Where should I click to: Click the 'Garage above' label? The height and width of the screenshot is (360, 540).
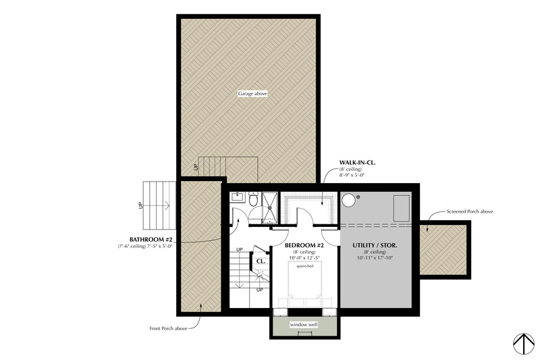tap(252, 93)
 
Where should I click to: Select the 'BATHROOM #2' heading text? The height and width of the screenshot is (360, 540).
tap(151, 240)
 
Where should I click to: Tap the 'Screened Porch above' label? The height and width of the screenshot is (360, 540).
tap(470, 211)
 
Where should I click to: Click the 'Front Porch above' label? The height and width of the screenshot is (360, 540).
tap(169, 328)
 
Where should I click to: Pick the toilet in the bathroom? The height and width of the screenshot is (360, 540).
tap(253, 200)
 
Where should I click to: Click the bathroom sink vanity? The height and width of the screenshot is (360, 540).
tap(238, 197)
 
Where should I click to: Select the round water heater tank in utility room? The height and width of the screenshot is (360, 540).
tap(350, 201)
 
